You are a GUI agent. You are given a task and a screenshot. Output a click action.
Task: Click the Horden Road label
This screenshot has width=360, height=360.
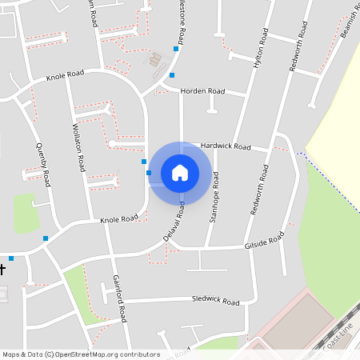[202, 91]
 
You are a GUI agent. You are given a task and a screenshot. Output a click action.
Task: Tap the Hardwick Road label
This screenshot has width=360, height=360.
[226, 147]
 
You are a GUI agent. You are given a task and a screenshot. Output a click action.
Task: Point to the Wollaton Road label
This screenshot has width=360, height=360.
[80, 145]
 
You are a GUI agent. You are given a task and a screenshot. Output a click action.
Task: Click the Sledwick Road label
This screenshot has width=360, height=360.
[215, 301]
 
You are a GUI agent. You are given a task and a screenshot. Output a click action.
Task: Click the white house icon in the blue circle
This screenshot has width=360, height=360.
[180, 172]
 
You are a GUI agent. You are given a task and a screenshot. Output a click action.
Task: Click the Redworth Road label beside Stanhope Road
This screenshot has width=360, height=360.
[258, 190]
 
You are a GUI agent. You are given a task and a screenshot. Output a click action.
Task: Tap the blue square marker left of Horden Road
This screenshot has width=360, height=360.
[172, 75]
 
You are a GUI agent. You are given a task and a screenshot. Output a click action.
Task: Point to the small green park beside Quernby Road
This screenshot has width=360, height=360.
[26, 213]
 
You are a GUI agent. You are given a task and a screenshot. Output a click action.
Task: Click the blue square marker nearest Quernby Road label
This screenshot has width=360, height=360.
[46, 238]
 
